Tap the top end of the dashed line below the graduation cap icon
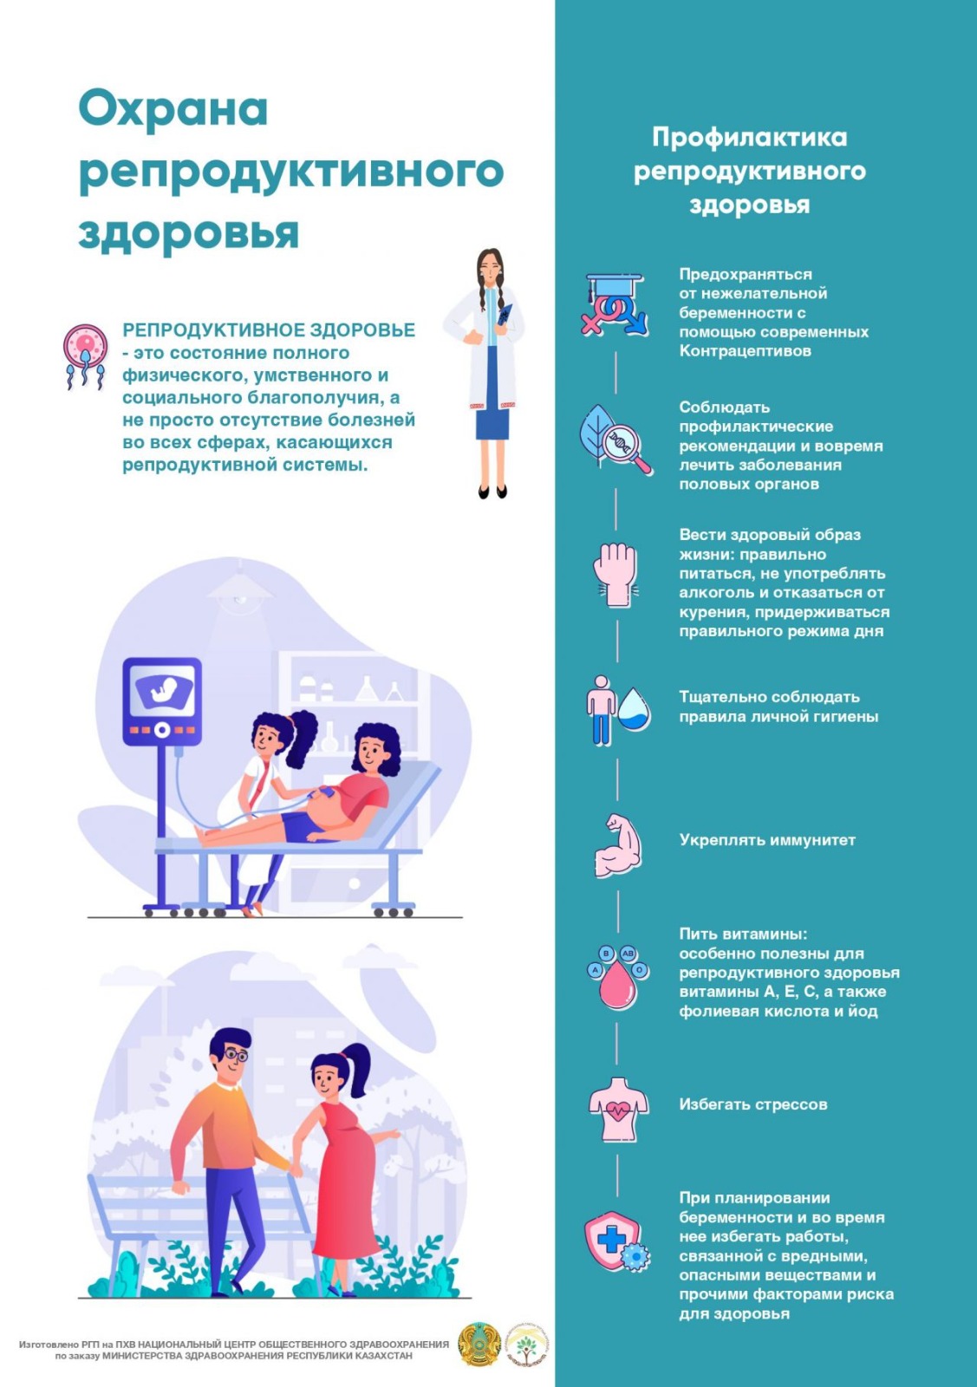pos(616,353)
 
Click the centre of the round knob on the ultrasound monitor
pos(162,730)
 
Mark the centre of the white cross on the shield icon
pos(611,1240)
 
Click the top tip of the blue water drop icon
pos(635,688)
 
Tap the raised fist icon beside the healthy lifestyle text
pos(616,575)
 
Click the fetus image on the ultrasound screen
pos(165,688)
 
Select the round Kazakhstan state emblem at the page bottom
pos(479,1344)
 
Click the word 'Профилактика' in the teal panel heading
pos(749,138)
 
